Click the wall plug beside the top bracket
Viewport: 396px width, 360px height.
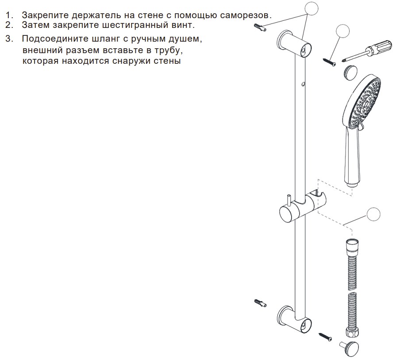click(260, 27)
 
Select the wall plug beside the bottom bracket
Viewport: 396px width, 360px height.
click(260, 302)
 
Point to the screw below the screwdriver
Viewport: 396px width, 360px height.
click(329, 62)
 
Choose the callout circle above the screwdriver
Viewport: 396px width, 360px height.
click(343, 31)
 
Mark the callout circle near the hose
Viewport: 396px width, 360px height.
click(373, 215)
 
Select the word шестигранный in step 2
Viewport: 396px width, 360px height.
click(130, 25)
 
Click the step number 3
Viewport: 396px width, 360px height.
click(9, 39)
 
